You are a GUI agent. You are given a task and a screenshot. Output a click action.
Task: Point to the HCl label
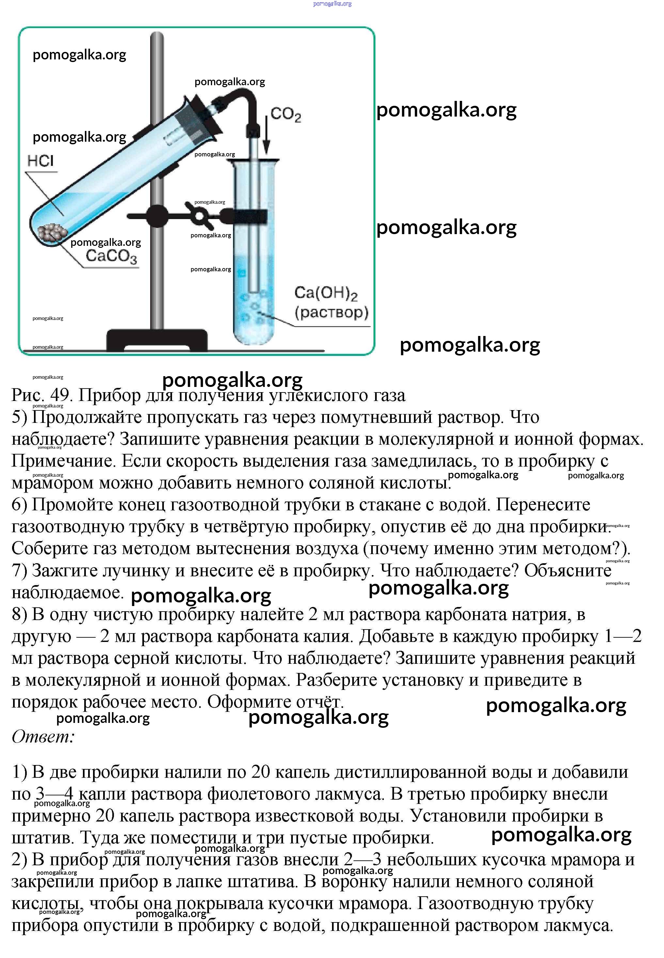point(41,161)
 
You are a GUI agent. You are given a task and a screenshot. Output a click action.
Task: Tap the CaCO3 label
point(111,256)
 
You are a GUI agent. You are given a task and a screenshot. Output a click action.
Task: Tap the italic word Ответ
point(43,737)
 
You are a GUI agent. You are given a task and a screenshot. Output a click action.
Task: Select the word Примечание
point(62,461)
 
